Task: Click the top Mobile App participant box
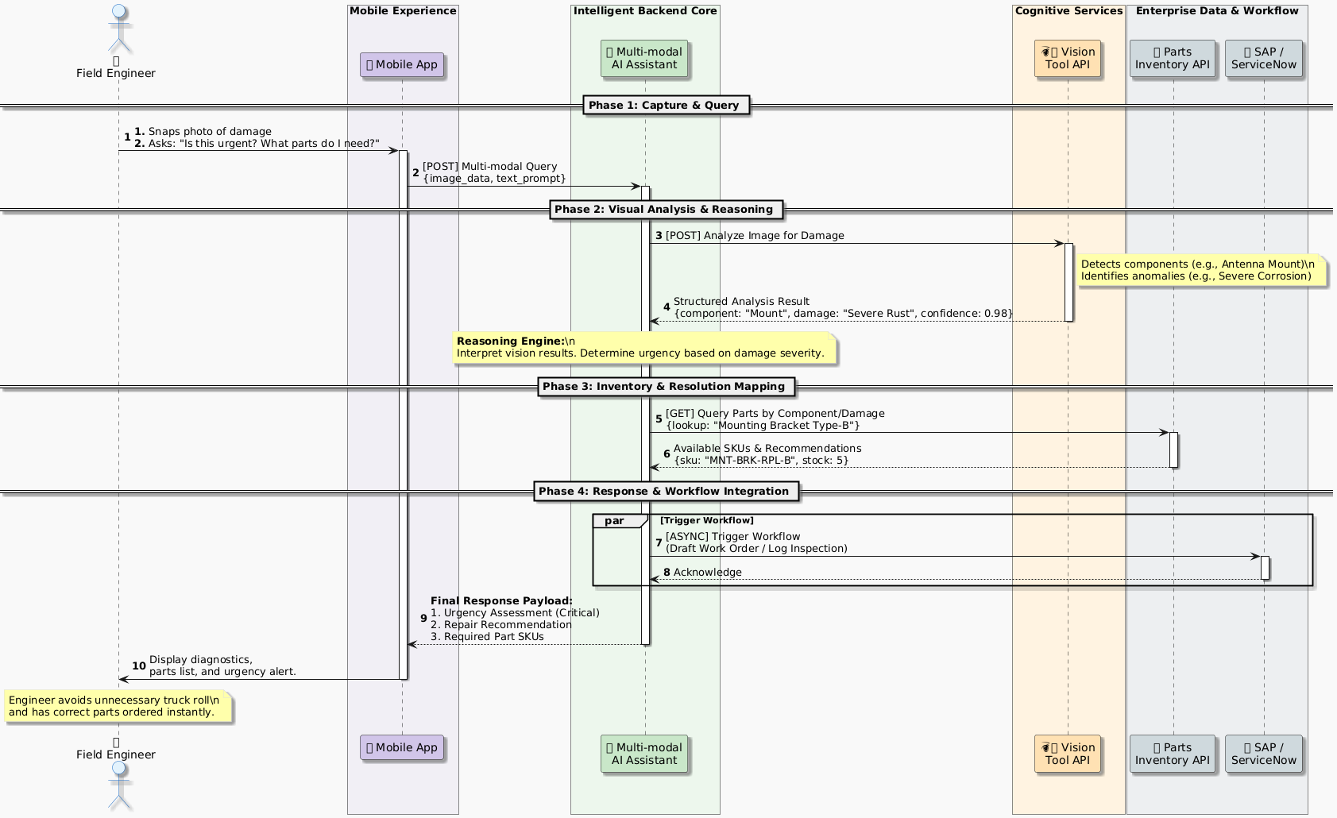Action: coord(401,65)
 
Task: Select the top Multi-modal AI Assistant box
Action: coord(644,59)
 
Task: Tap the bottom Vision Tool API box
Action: coord(1068,754)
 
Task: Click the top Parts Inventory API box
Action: coord(1172,59)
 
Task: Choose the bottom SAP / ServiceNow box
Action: coord(1263,754)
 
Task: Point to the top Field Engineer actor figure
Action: coord(118,24)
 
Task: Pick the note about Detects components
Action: coord(1200,271)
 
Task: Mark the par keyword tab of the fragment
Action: coord(616,521)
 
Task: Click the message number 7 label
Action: coord(659,543)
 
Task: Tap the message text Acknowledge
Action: coord(707,573)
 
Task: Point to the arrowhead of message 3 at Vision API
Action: coord(1059,244)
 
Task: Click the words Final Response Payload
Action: coord(501,601)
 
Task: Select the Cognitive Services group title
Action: coord(1068,11)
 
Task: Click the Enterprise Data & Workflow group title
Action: coord(1217,11)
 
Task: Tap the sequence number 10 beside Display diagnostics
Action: coord(139,666)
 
